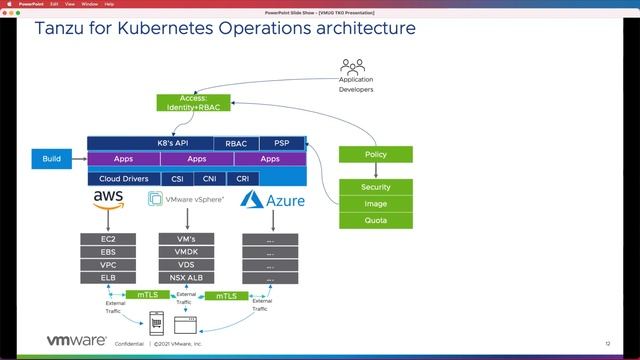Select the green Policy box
pyautogui.click(x=375, y=155)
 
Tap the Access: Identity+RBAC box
pyautogui.click(x=193, y=102)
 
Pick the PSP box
pyautogui.click(x=281, y=143)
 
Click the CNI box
pyautogui.click(x=210, y=179)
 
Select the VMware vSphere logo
pyautogui.click(x=186, y=199)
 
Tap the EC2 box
pyautogui.click(x=107, y=240)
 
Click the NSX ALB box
pyautogui.click(x=186, y=278)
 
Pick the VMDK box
pyautogui.click(x=186, y=253)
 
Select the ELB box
pyautogui.click(x=107, y=278)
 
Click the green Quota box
pyautogui.click(x=375, y=220)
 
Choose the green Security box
pyautogui.click(x=375, y=187)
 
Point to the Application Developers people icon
pyautogui.click(x=352, y=67)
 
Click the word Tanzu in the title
pyautogui.click(x=62, y=28)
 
